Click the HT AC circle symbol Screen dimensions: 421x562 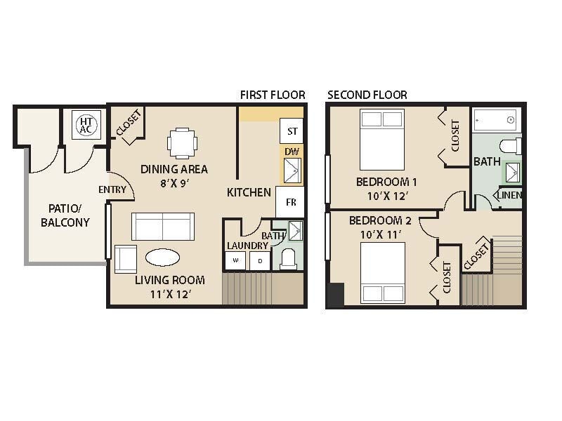86,125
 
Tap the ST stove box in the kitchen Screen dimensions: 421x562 292,131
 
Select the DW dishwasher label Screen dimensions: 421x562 292,151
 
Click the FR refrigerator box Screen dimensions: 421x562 289,202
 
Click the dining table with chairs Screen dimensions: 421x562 183,142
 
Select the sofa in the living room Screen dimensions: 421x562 163,226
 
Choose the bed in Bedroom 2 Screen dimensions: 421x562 383,272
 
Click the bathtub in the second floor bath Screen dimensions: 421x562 494,120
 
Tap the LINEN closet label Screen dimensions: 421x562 510,195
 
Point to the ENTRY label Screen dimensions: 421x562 112,189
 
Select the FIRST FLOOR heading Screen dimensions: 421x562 273,95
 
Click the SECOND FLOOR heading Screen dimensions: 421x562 367,95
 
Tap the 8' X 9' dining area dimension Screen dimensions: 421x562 174,183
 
